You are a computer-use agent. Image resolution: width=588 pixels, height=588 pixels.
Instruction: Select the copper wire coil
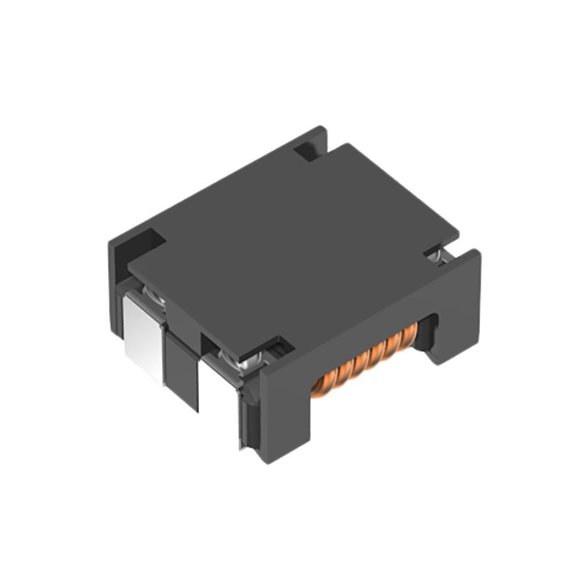coord(364,360)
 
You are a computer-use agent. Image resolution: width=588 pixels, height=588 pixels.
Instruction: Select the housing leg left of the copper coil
coord(283,419)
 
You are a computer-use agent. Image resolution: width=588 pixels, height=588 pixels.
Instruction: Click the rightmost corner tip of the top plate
coord(459,236)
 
